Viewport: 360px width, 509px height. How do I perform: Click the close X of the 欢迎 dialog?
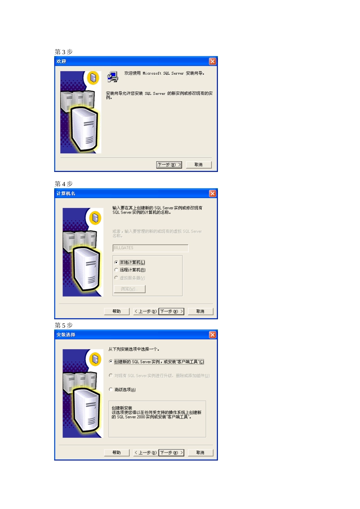[x=213, y=61]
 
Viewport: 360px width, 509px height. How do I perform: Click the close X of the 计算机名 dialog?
[x=213, y=194]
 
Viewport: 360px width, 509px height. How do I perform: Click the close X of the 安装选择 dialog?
[x=213, y=335]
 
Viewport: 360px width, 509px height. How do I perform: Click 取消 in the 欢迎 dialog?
[x=199, y=165]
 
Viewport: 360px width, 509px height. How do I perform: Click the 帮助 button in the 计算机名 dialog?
[x=117, y=311]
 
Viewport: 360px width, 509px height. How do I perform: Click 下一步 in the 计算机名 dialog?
[x=171, y=311]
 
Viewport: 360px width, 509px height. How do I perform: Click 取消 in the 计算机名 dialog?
[x=200, y=311]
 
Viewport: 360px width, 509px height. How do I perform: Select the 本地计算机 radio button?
[x=116, y=262]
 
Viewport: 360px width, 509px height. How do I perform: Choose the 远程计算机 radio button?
[x=116, y=270]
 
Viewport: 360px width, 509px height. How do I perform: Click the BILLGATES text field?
[x=150, y=248]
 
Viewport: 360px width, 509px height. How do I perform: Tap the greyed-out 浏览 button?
[x=130, y=289]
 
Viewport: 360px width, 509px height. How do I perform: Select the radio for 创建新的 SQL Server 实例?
[x=111, y=362]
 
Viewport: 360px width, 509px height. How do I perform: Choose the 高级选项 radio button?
[x=111, y=389]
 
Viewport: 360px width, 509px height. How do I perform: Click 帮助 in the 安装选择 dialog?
[x=117, y=453]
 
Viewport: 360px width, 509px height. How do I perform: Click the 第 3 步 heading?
[x=64, y=52]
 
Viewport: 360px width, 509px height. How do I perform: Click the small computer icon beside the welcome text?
[x=113, y=77]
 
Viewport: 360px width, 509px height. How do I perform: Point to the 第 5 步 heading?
[x=64, y=325]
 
